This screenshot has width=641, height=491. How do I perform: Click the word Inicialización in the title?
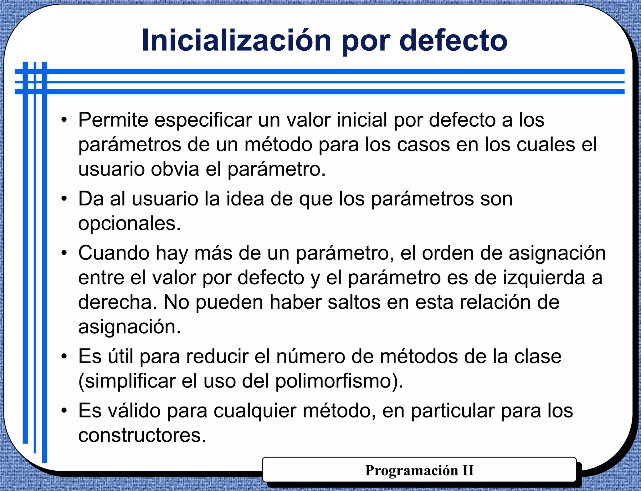pyautogui.click(x=236, y=41)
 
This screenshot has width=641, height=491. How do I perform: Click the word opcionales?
pyautogui.click(x=130, y=224)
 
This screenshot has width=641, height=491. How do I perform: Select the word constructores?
pyautogui.click(x=142, y=435)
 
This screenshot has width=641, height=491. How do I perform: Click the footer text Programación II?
pyautogui.click(x=419, y=470)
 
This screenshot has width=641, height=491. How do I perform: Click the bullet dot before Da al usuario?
pyautogui.click(x=64, y=199)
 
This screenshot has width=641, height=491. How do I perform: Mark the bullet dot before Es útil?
pyautogui.click(x=64, y=357)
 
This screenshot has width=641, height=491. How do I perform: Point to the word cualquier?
pyautogui.click(x=255, y=411)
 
